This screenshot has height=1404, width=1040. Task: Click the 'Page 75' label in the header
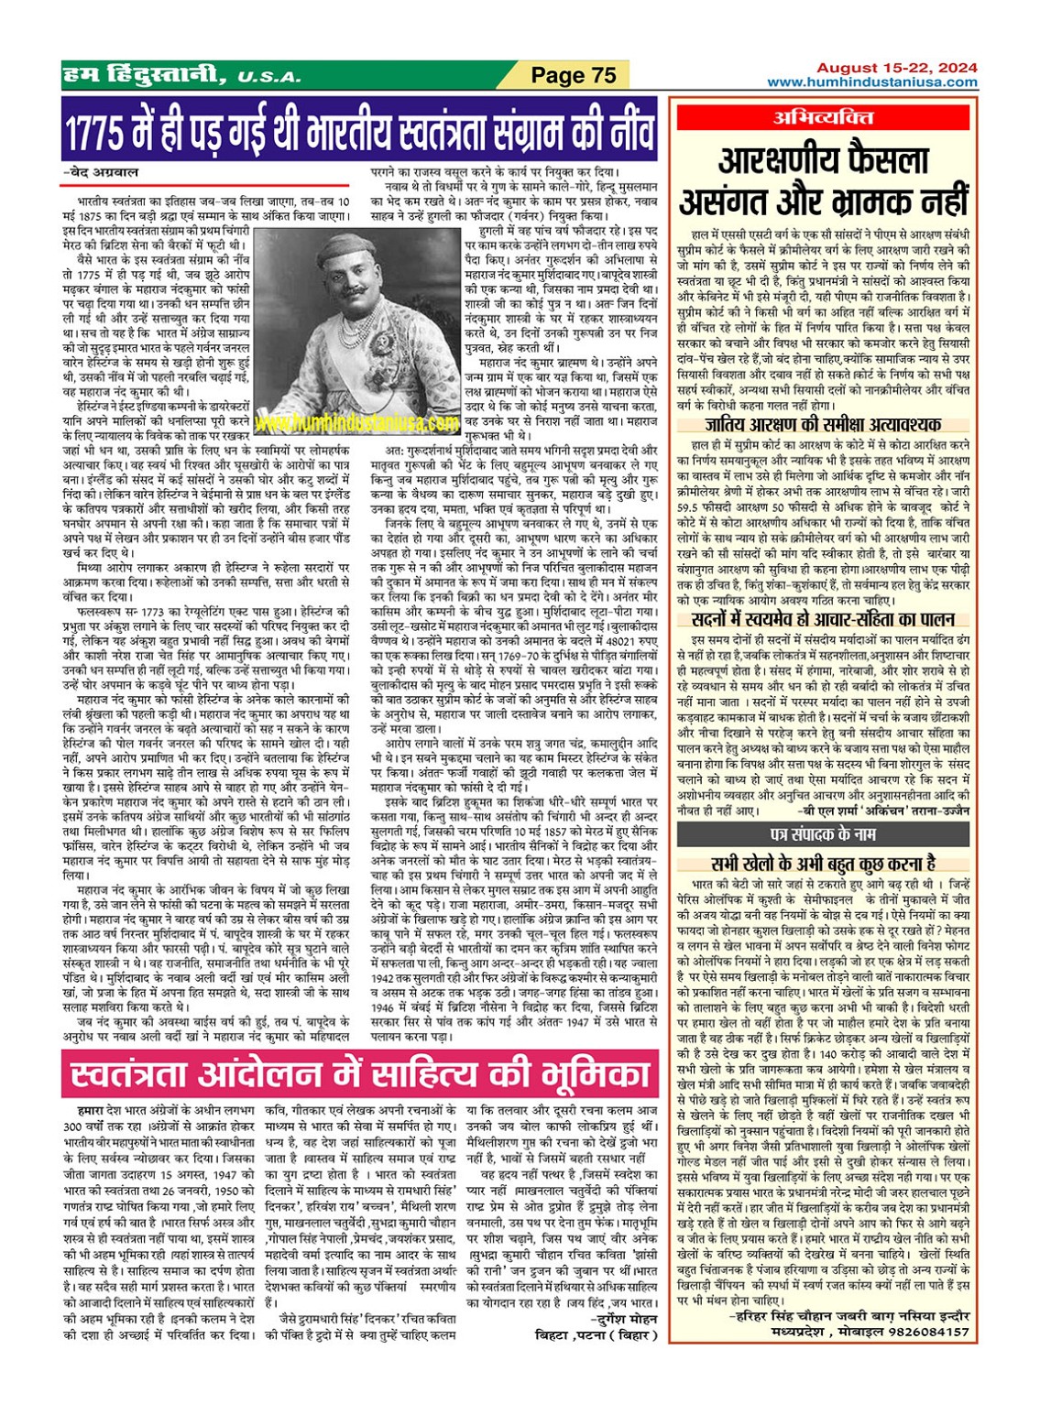[x=574, y=75]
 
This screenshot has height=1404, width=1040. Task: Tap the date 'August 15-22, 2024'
[x=896, y=68]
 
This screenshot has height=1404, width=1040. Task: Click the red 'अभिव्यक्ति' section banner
[x=822, y=117]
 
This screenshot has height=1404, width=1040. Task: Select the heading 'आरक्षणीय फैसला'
[x=824, y=160]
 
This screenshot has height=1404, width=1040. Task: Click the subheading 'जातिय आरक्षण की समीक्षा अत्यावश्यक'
[x=823, y=424]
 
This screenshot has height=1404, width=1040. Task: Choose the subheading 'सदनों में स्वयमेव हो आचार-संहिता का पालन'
[x=822, y=619]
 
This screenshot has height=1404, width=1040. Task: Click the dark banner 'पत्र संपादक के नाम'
[x=822, y=834]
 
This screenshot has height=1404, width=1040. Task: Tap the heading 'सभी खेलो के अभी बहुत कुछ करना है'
[x=823, y=863]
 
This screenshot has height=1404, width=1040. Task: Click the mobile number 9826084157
[x=927, y=1332]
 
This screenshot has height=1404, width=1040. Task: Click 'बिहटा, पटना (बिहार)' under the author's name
[x=597, y=1334]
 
